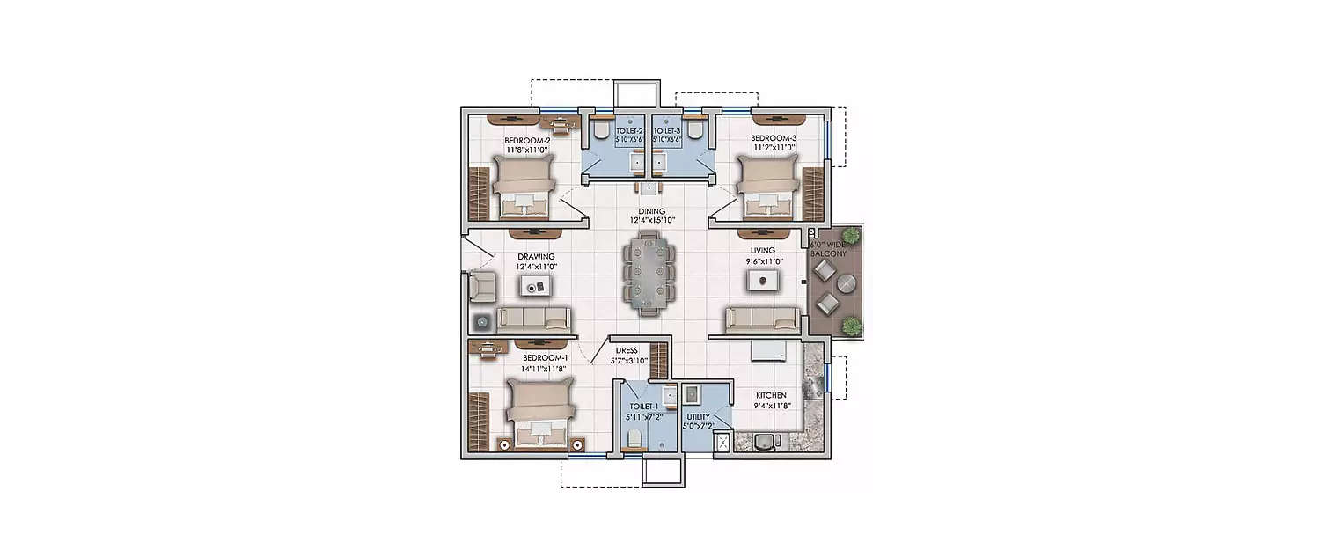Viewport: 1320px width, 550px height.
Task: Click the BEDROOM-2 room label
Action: point(527,140)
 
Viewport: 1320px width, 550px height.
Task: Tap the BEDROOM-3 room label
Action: point(774,139)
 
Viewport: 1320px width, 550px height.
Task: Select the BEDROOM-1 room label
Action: point(545,358)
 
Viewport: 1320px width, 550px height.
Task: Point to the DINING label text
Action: point(652,211)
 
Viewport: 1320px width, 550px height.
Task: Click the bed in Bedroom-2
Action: point(524,187)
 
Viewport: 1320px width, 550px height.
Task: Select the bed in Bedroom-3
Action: point(767,187)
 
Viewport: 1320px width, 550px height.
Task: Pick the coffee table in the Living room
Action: point(764,281)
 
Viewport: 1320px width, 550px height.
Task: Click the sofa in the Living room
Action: point(763,319)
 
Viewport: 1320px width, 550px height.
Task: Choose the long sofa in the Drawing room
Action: point(533,319)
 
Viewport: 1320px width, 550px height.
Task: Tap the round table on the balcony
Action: point(846,283)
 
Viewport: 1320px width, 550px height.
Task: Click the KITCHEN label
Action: point(770,396)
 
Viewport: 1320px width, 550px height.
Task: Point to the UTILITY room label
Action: point(699,417)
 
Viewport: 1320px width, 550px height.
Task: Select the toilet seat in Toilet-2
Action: point(599,131)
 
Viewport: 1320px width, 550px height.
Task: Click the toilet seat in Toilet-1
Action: point(632,438)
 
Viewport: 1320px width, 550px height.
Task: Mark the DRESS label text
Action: point(627,350)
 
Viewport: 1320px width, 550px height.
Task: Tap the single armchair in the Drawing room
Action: point(481,284)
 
